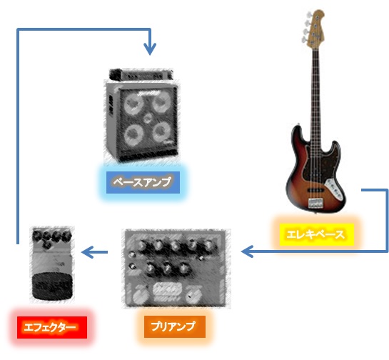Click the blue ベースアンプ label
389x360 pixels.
pyautogui.click(x=143, y=182)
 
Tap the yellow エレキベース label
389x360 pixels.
pyautogui.click(x=316, y=234)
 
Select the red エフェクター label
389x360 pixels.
pyautogui.click(x=52, y=327)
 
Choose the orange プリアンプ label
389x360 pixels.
pyautogui.click(x=175, y=326)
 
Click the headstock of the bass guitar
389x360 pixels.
pyautogui.click(x=315, y=27)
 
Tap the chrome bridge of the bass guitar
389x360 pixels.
pyautogui.click(x=315, y=203)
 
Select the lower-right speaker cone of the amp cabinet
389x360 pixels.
pyautogui.click(x=161, y=132)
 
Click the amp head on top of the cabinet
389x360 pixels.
pyautogui.click(x=141, y=74)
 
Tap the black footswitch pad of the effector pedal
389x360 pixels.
pyautogui.click(x=53, y=286)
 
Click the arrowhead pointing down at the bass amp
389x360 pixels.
pyautogui.click(x=150, y=49)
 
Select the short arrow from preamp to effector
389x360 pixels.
pyautogui.click(x=94, y=252)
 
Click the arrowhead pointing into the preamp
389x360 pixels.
pyautogui.click(x=247, y=251)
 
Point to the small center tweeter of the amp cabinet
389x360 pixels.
pyautogui.click(x=148, y=118)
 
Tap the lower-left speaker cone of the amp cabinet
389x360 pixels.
pyautogui.click(x=133, y=134)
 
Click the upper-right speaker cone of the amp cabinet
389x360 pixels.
pyautogui.click(x=161, y=102)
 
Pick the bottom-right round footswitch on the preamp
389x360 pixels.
pyautogui.click(x=193, y=294)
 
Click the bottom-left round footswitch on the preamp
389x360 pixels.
pyautogui.click(x=141, y=295)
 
